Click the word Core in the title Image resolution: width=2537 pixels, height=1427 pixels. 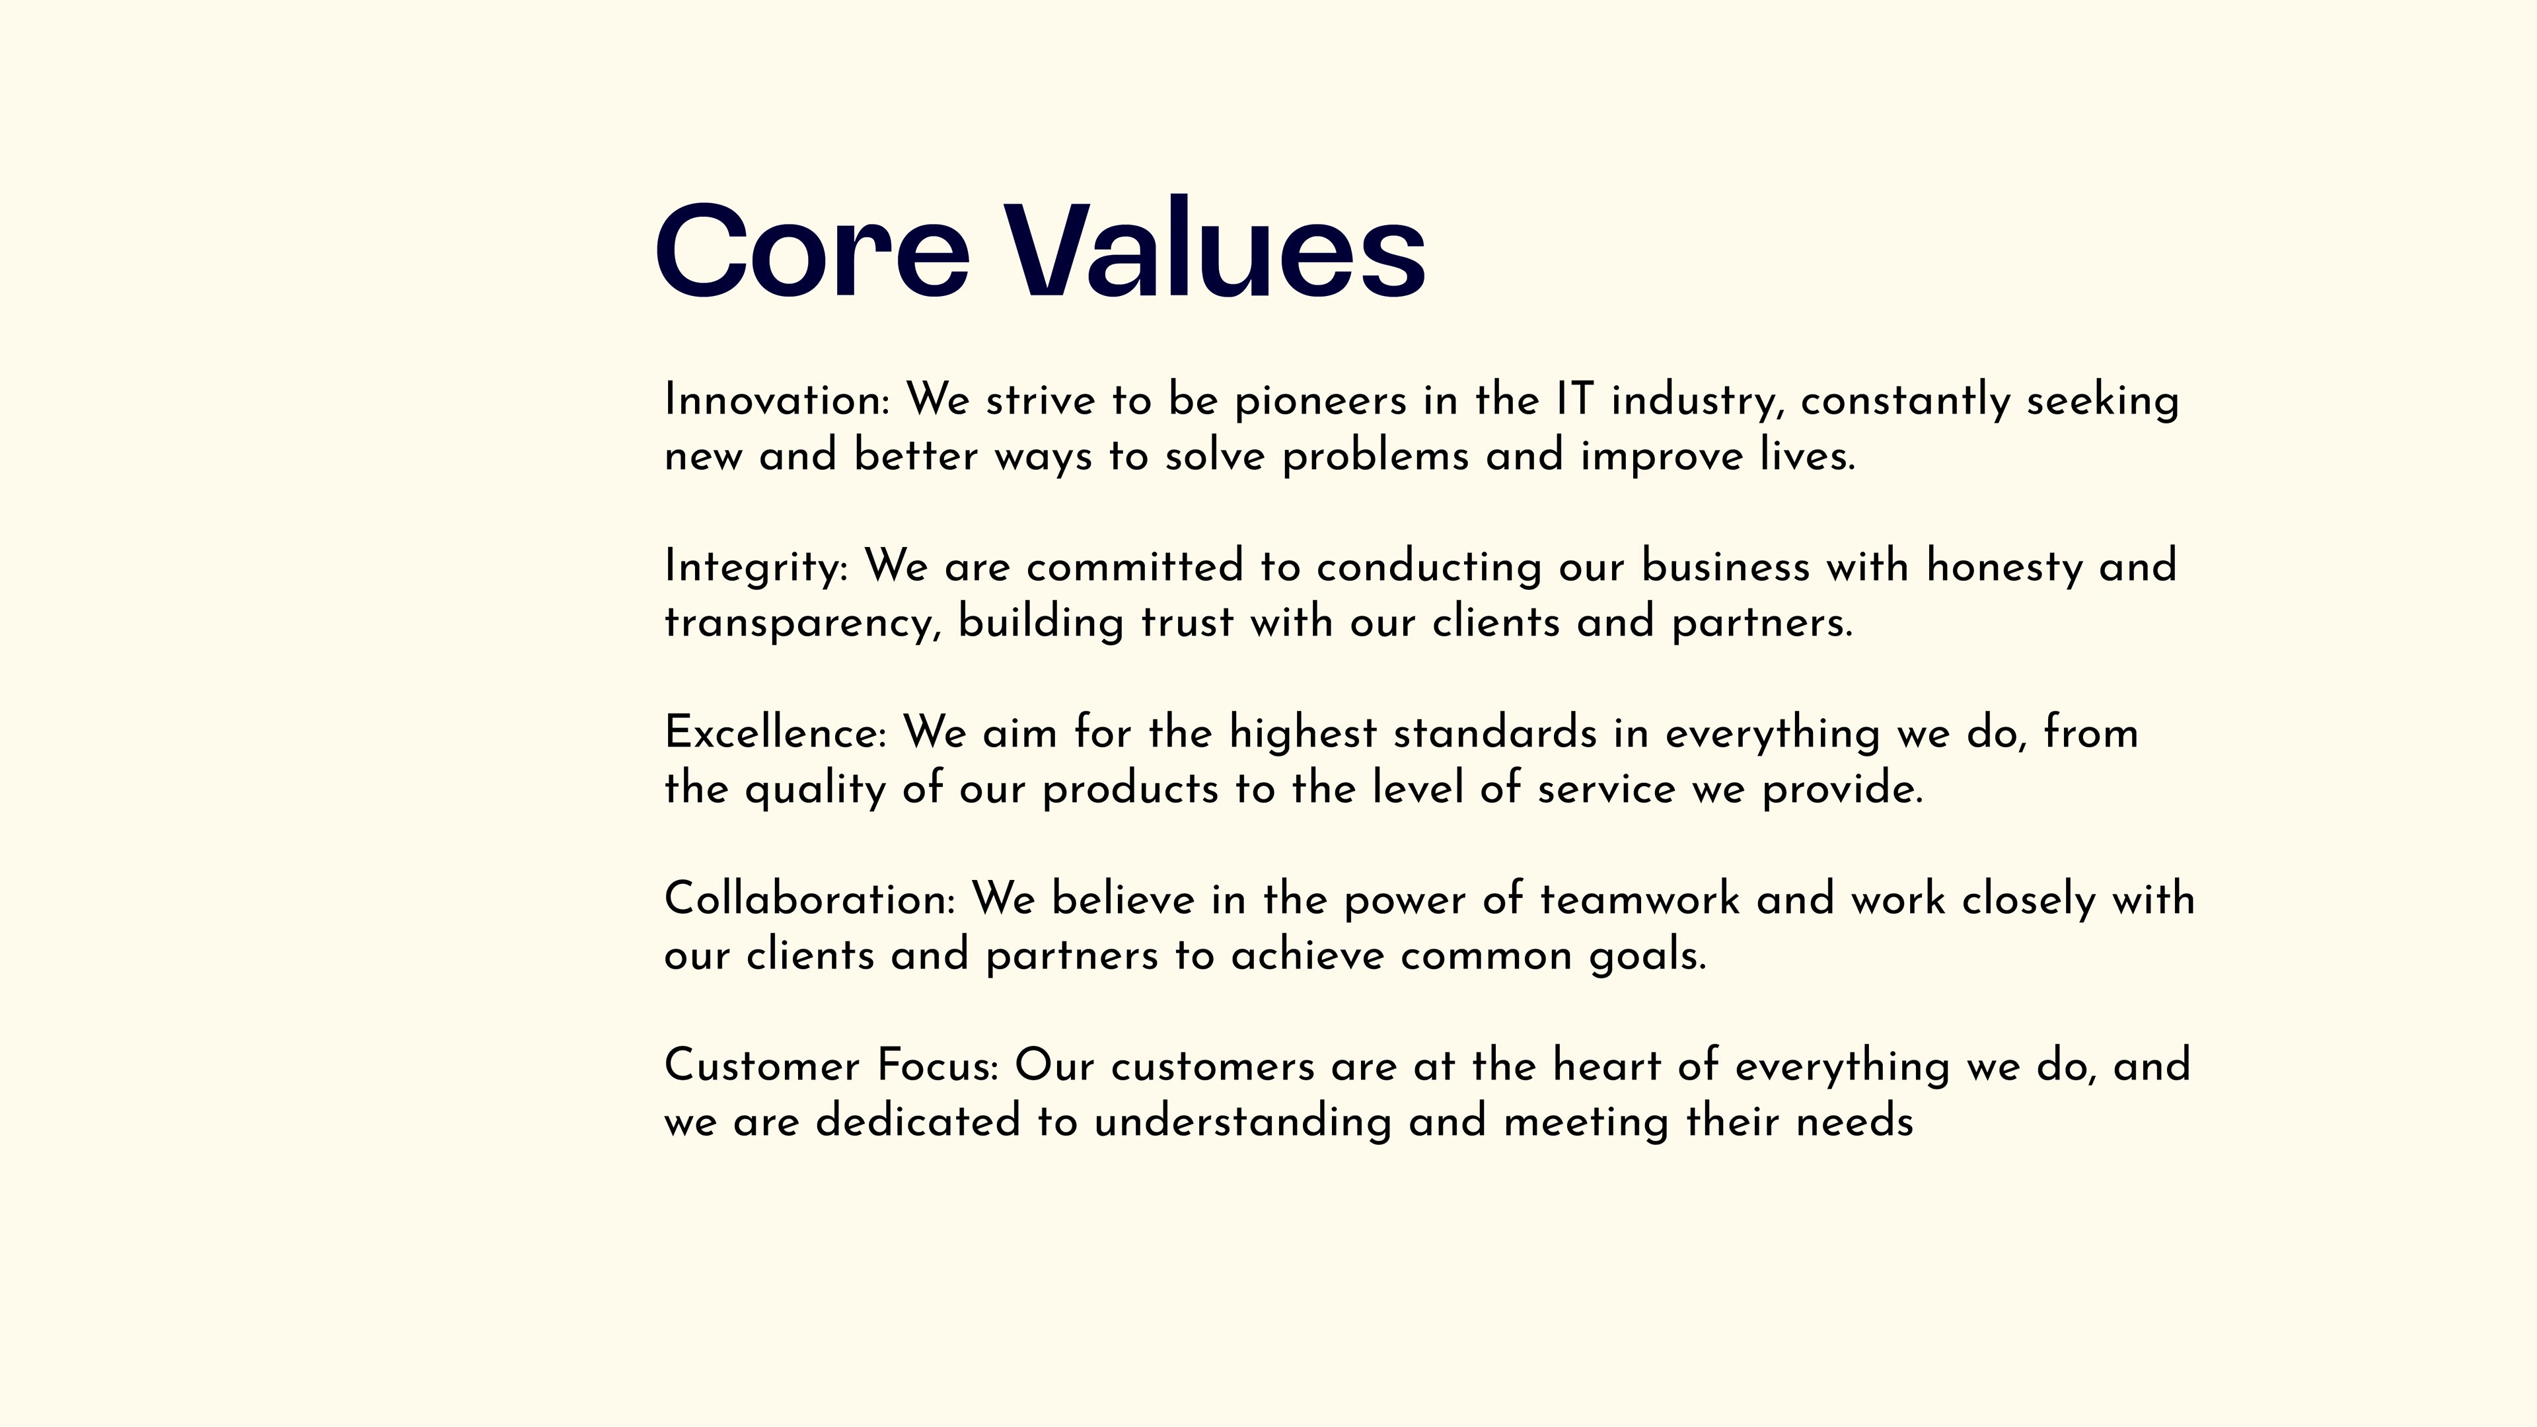(x=813, y=250)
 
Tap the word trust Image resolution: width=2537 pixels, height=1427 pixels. (x=1187, y=622)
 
